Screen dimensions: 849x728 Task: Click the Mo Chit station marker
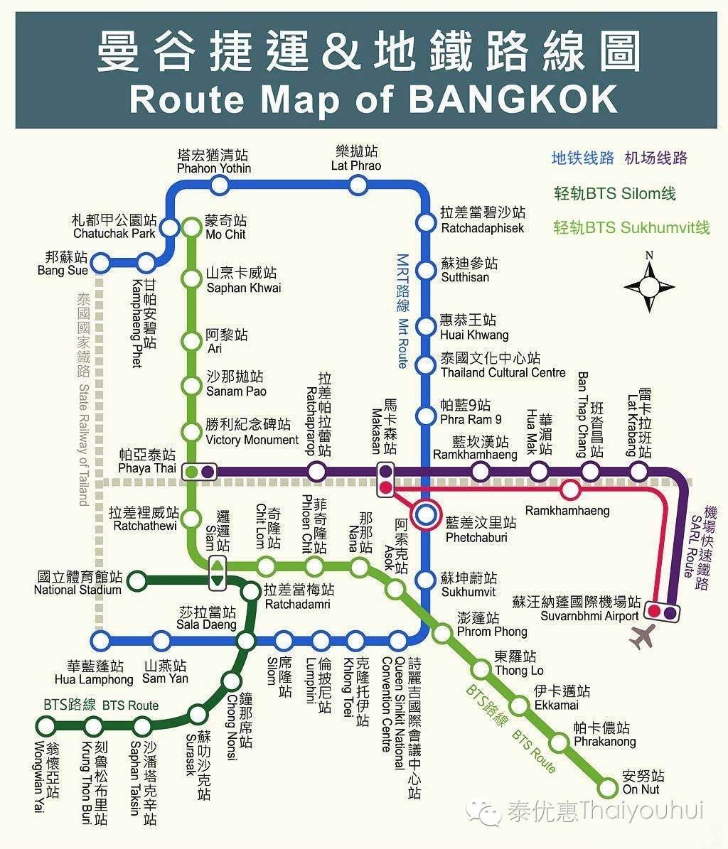click(192, 227)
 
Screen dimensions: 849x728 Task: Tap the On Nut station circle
click(608, 787)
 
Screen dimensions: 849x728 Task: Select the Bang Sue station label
click(63, 264)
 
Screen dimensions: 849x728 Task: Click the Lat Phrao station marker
click(358, 185)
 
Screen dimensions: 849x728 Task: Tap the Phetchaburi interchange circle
click(426, 516)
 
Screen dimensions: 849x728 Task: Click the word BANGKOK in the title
click(512, 100)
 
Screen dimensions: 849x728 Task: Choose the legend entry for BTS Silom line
click(614, 193)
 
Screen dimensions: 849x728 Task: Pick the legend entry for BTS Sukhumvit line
click(631, 227)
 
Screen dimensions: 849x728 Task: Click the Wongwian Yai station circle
click(46, 725)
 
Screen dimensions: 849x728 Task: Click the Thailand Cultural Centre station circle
click(425, 365)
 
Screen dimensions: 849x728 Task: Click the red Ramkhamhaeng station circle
click(569, 490)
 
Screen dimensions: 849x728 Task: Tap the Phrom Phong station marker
click(442, 632)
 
